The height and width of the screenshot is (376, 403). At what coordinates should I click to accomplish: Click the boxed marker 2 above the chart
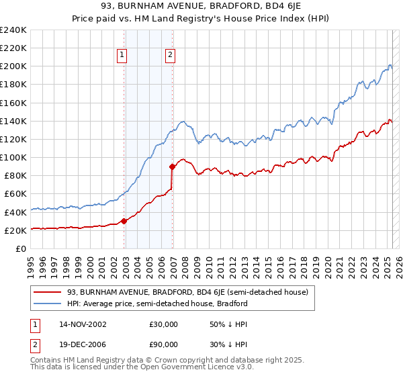pyautogui.click(x=171, y=56)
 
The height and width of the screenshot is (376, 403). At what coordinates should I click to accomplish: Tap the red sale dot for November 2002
pyautogui.click(x=124, y=221)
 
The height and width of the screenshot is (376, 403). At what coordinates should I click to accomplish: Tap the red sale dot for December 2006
pyautogui.click(x=173, y=167)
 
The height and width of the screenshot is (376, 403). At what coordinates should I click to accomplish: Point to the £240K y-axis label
pyautogui.click(x=13, y=30)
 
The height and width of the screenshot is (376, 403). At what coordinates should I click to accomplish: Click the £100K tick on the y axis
pyautogui.click(x=13, y=157)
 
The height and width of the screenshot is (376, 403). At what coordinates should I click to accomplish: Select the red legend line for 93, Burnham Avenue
pyautogui.click(x=47, y=292)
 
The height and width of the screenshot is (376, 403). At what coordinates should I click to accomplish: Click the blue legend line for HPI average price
pyautogui.click(x=47, y=303)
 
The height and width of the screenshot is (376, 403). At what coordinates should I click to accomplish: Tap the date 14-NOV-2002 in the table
pyautogui.click(x=83, y=324)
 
